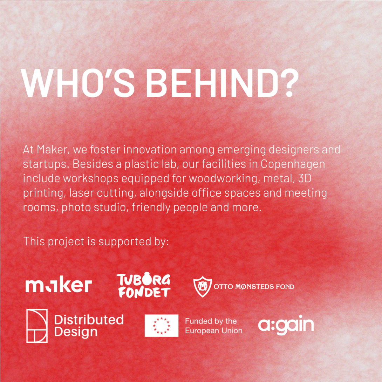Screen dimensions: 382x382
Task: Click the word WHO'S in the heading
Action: [77, 83]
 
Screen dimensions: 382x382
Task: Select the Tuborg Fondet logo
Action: [143, 286]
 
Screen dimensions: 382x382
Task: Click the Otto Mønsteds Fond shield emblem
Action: [203, 287]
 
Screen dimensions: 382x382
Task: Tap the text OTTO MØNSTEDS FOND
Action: [254, 287]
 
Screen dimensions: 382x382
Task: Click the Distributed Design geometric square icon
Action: [37, 326]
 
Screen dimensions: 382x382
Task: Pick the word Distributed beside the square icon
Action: [89, 320]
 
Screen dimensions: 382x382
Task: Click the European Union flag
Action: [161, 326]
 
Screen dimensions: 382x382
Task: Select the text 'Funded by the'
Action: [211, 321]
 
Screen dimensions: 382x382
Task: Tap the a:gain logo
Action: [286, 325]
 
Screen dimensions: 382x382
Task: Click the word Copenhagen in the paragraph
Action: [293, 164]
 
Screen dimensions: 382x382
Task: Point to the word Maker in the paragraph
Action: [52, 149]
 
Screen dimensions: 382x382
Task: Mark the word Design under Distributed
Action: [76, 332]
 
